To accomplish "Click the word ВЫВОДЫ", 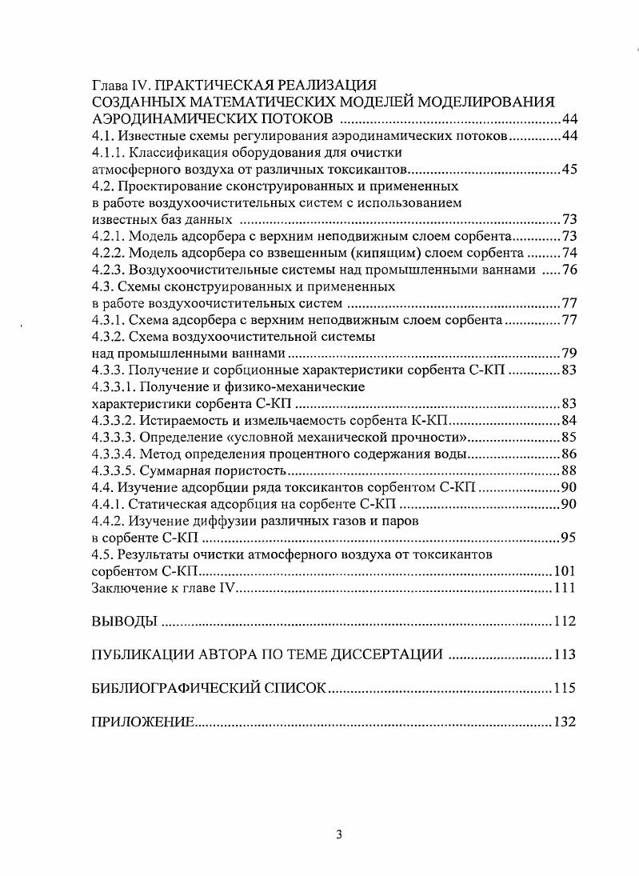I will pyautogui.click(x=125, y=622).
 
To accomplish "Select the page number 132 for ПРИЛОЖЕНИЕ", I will pyautogui.click(x=565, y=722).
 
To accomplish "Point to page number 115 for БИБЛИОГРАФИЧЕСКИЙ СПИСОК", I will pyautogui.click(x=565, y=689).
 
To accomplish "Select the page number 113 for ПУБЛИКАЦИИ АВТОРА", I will pyautogui.click(x=565, y=655).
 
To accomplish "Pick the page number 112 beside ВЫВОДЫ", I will pyautogui.click(x=565, y=622).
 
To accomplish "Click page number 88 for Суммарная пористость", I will pyautogui.click(x=569, y=470).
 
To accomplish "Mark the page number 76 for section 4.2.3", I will pyautogui.click(x=569, y=270).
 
